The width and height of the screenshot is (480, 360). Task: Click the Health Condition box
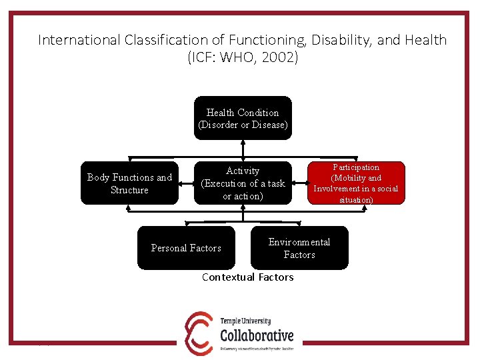[x=243, y=119]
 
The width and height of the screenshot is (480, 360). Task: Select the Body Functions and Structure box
[x=129, y=183]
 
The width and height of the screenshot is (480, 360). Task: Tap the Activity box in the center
[x=243, y=183]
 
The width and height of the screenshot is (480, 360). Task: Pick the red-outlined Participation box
[x=356, y=183]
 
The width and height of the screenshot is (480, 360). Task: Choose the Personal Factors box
[x=186, y=248]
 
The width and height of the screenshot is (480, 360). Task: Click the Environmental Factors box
[x=299, y=248]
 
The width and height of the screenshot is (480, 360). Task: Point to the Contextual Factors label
[x=247, y=277]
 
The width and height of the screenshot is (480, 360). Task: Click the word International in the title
[x=79, y=40]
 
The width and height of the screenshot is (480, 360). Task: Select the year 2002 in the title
[x=280, y=58]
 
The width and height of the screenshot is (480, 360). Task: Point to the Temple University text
[x=246, y=321]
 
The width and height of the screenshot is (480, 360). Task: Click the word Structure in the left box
[x=129, y=190]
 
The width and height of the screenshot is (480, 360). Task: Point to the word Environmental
[x=299, y=242]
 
